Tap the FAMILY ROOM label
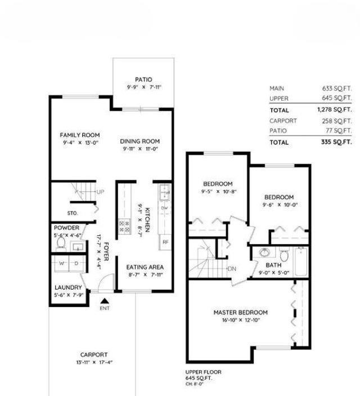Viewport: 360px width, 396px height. (80, 135)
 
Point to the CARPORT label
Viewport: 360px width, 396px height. (93, 354)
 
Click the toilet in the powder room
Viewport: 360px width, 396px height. (62, 245)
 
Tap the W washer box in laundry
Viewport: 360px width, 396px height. (61, 263)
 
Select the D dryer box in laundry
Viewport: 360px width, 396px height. (76, 263)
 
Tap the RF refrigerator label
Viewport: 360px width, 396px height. (165, 242)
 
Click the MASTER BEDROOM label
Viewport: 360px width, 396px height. (240, 312)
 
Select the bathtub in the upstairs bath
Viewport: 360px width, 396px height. (301, 262)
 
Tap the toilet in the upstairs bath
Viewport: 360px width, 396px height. (284, 256)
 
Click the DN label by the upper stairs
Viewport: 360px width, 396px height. (232, 269)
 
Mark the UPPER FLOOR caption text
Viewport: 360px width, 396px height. (203, 372)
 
